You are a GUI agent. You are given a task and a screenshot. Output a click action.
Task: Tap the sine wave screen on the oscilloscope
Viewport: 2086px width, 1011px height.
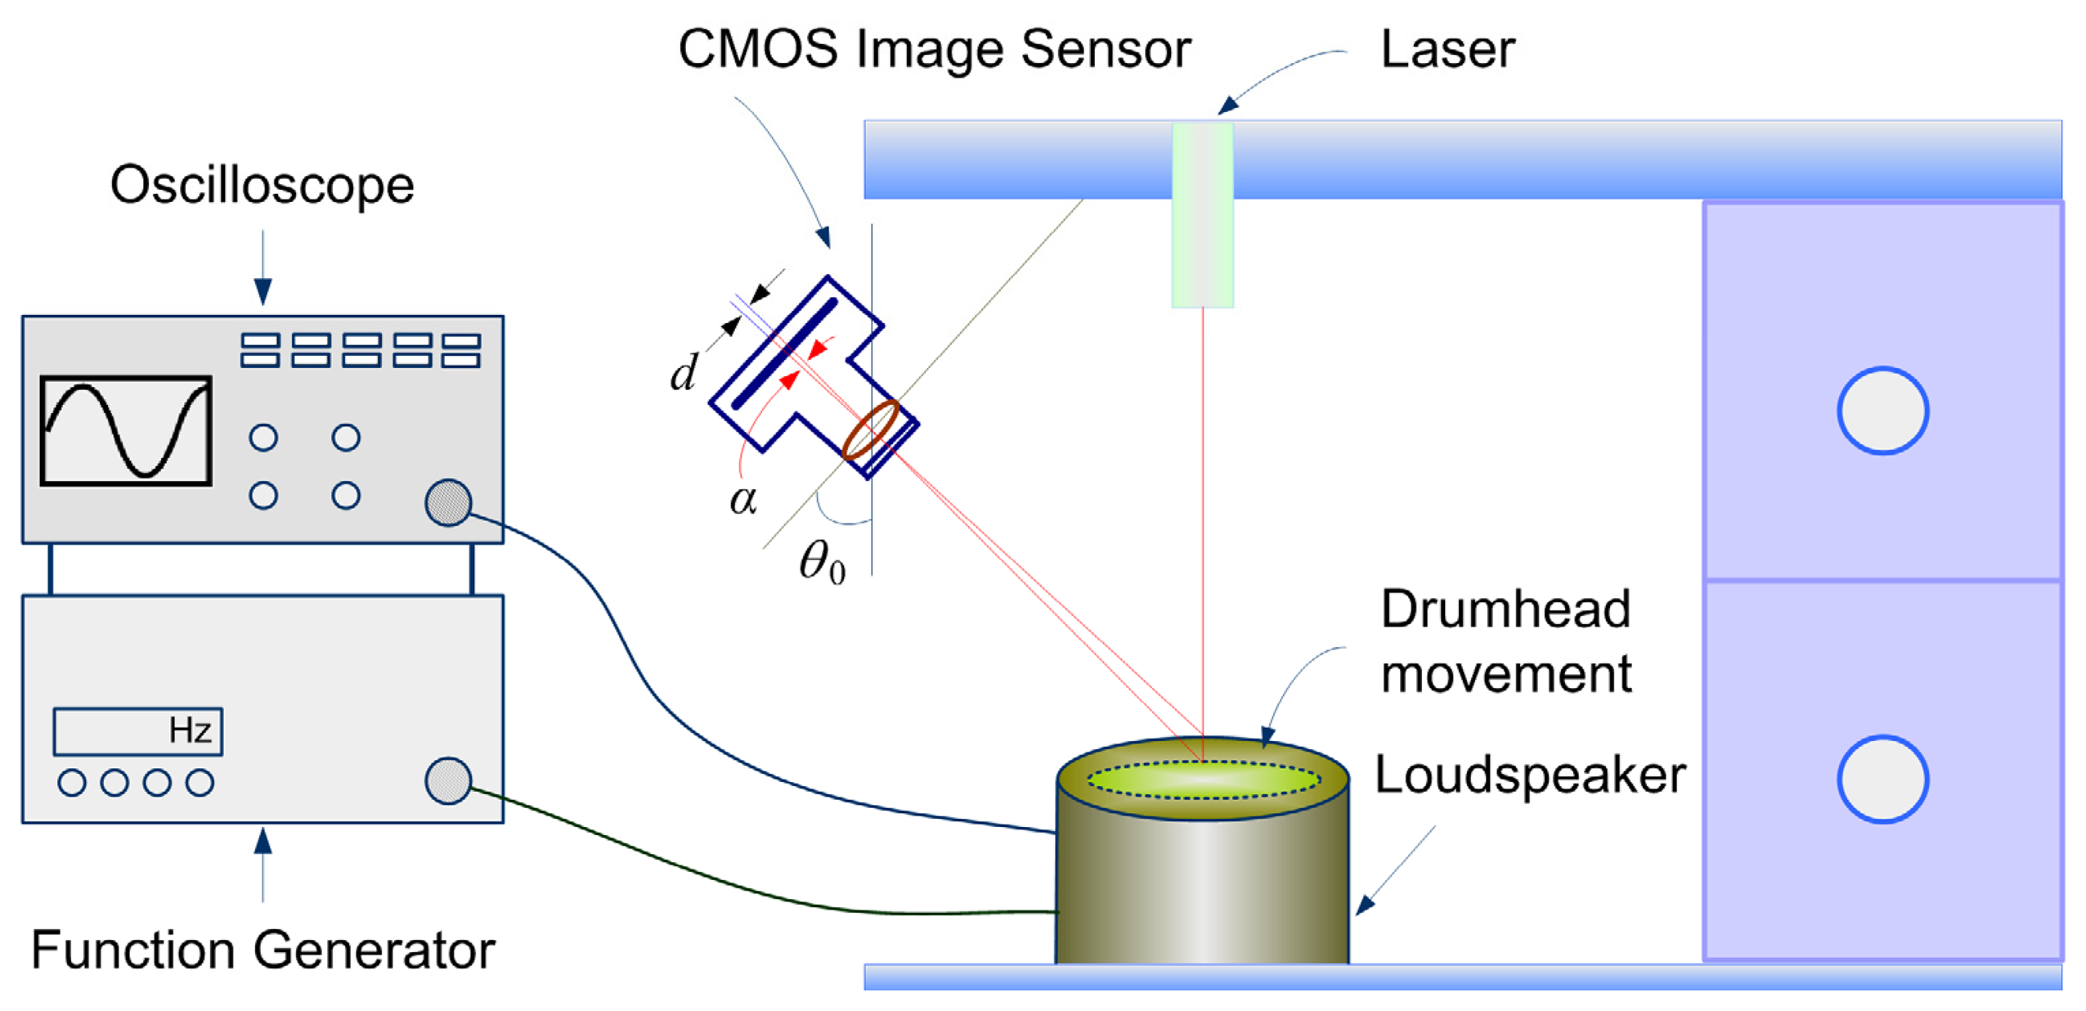coord(126,431)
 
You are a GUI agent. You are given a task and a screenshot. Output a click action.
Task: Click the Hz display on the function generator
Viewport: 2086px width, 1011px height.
coord(137,730)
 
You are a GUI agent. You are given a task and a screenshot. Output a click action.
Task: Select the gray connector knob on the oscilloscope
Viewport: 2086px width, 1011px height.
coord(447,502)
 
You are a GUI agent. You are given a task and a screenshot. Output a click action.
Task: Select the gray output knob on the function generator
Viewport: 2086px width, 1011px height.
coord(447,780)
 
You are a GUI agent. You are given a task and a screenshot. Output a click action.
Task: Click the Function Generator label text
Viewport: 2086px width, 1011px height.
coord(262,950)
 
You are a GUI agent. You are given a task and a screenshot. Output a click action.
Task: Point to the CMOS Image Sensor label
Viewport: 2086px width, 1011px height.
coord(933,49)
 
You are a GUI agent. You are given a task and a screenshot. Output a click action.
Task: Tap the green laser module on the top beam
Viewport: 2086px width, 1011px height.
coord(1201,214)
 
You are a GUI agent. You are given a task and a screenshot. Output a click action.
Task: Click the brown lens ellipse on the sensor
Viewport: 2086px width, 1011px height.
coord(870,429)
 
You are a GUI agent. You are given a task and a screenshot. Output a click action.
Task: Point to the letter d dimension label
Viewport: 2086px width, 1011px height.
coord(683,373)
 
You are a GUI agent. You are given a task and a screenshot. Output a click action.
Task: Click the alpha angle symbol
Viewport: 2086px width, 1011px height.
coord(742,499)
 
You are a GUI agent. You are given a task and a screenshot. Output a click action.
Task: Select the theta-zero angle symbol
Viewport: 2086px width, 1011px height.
coord(821,563)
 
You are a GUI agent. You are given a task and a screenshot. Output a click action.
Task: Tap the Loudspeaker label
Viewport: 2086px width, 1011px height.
coord(1528,775)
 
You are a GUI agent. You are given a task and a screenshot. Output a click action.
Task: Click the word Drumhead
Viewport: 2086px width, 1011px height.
coord(1505,609)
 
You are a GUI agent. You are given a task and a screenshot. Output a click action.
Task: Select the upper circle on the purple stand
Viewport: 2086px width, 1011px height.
coord(1882,411)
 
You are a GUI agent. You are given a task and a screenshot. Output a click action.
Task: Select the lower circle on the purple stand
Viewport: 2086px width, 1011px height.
coord(1882,779)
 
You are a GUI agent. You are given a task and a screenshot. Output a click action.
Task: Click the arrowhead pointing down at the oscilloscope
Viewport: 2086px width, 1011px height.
coord(262,290)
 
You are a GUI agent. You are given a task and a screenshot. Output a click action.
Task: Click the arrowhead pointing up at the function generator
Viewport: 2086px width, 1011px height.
coord(262,841)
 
